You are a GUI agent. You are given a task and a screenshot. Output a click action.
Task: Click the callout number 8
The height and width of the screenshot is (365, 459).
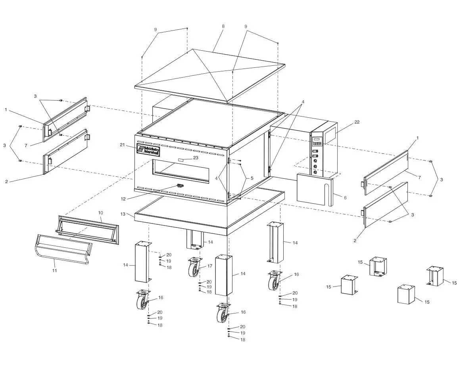[223, 26]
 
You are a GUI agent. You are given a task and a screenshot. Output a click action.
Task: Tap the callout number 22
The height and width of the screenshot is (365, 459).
[357, 122]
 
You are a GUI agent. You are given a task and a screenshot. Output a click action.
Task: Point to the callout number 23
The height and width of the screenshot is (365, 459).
[195, 157]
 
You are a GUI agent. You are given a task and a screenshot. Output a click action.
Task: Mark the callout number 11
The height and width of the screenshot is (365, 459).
[55, 270]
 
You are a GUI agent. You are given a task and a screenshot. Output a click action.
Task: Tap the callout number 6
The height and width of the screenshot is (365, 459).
[345, 197]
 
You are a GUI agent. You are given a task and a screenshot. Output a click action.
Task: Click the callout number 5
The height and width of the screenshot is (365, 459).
[251, 178]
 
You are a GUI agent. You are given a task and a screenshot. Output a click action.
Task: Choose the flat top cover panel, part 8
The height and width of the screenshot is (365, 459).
[210, 75]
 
